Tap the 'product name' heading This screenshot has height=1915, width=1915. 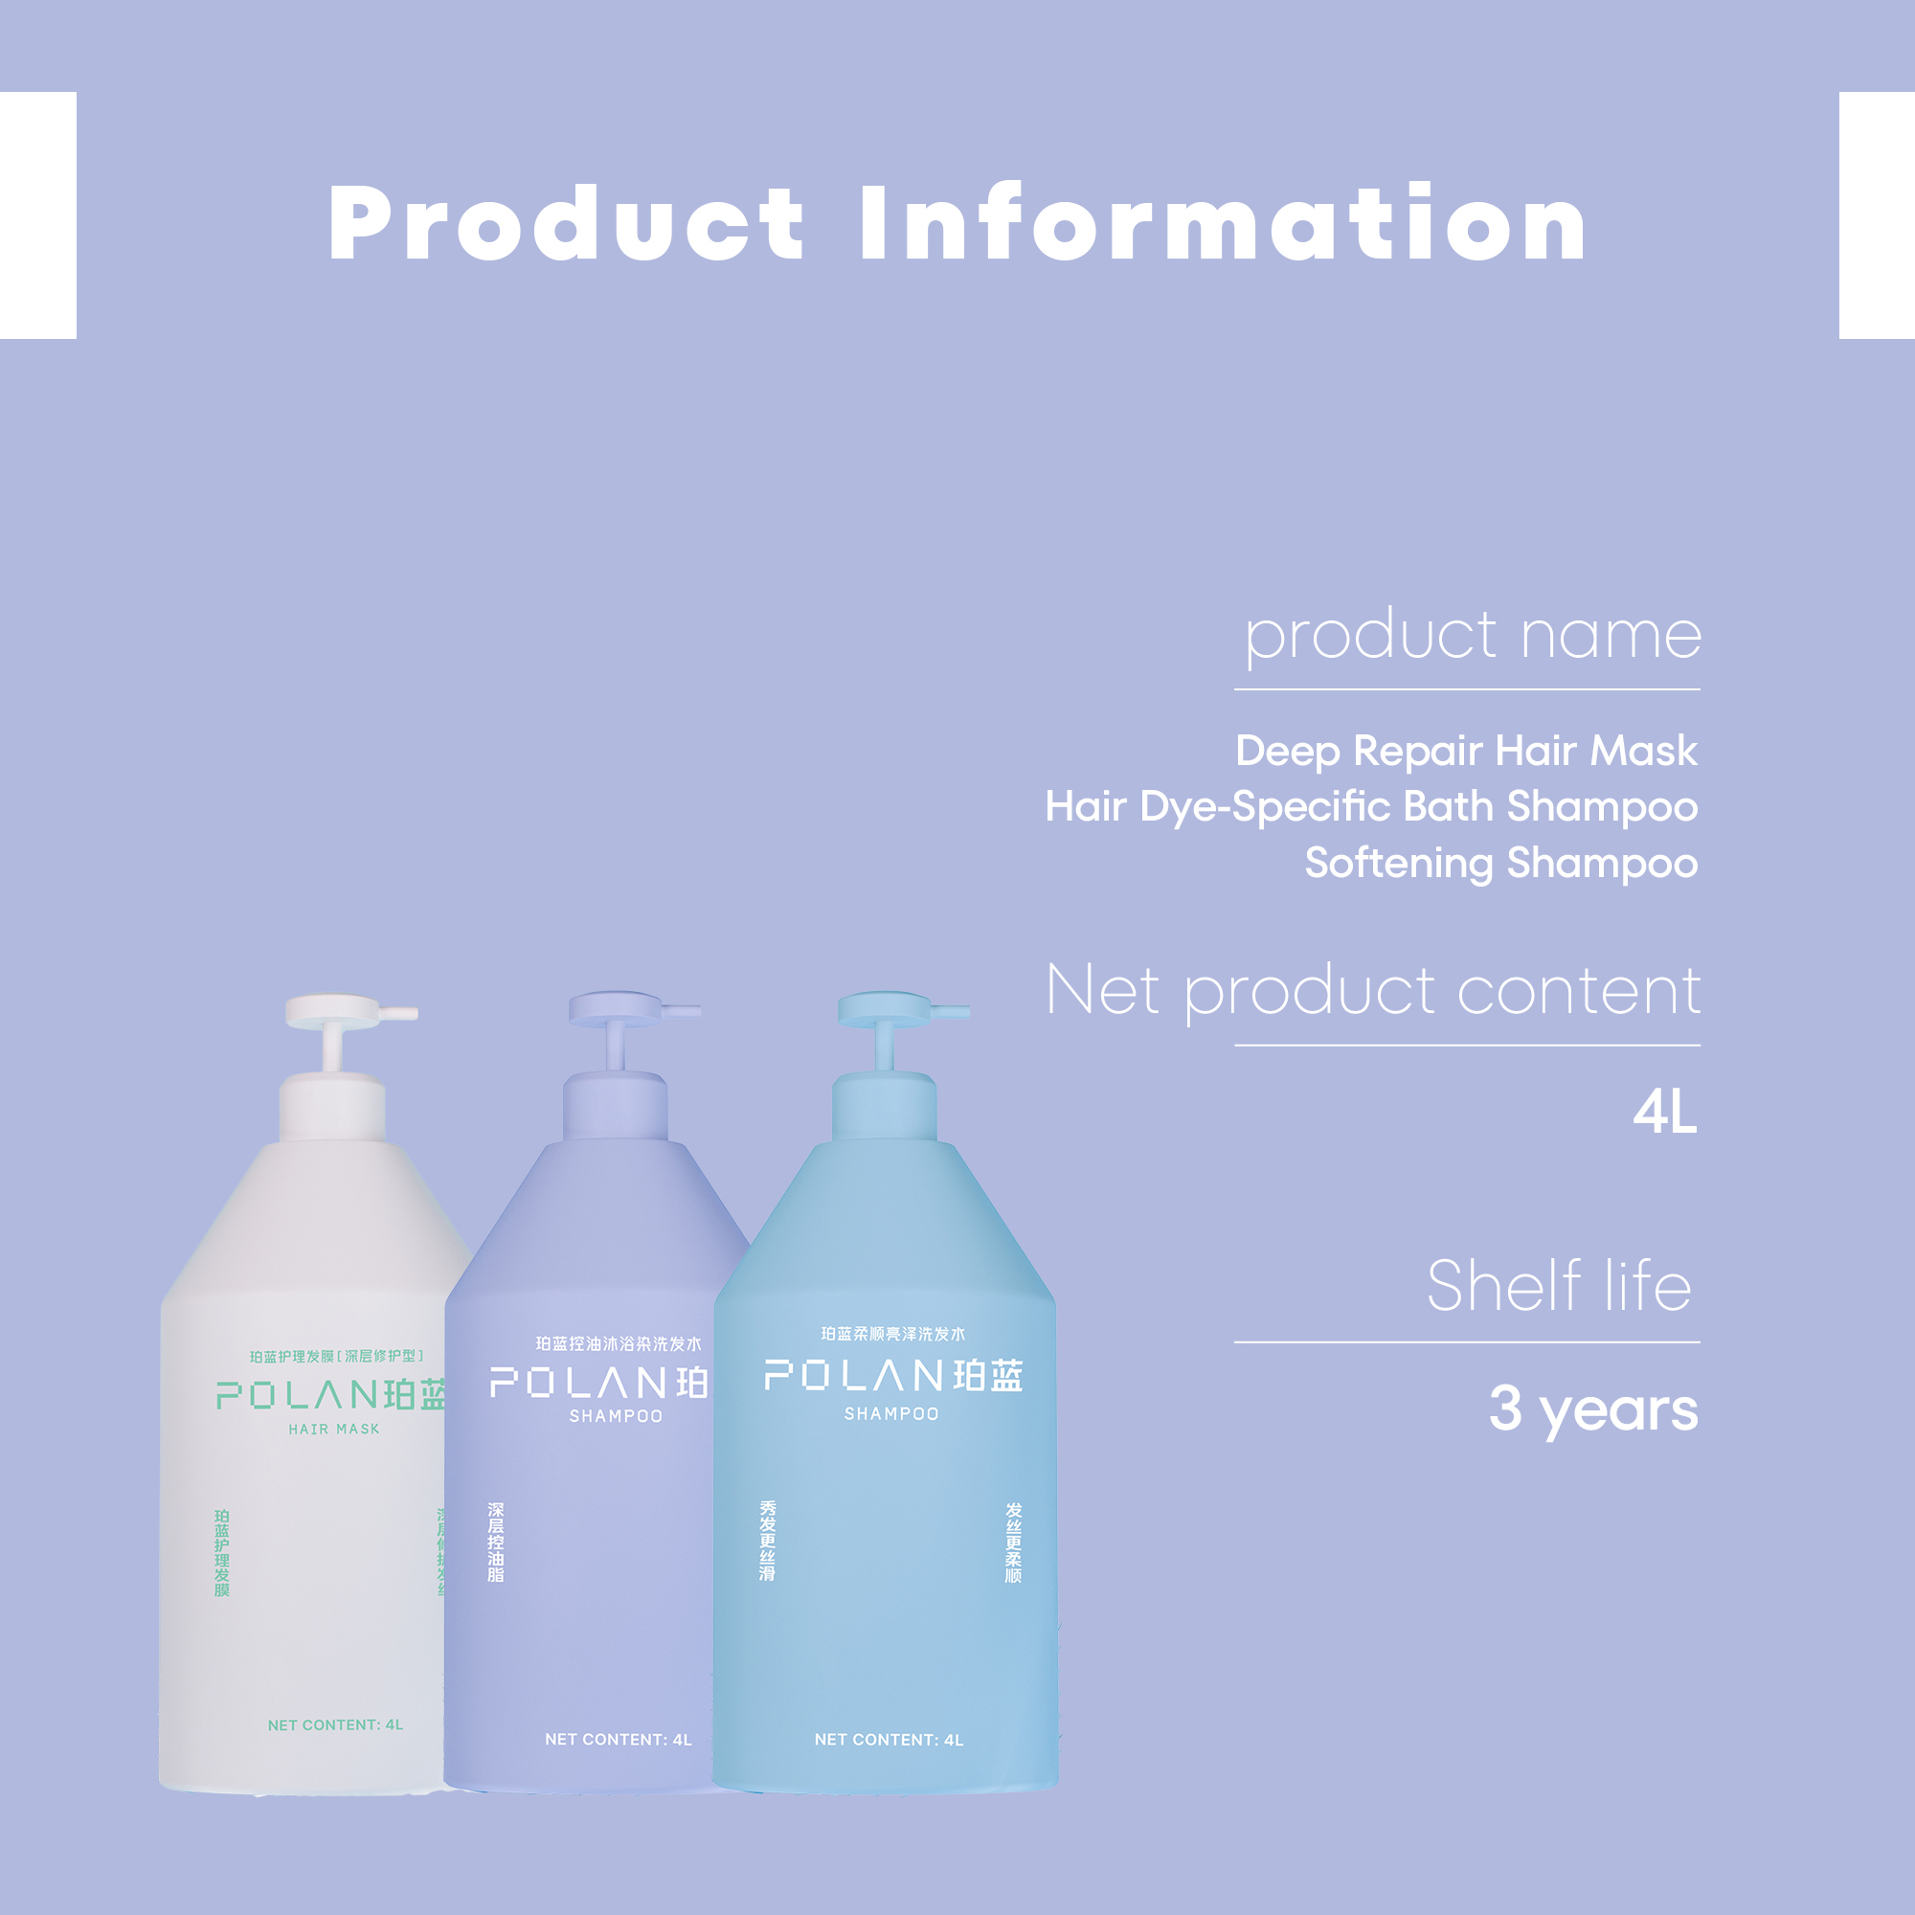coord(1473,635)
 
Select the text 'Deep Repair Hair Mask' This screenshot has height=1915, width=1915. coord(1466,751)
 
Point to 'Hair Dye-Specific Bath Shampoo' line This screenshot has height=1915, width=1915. coord(1371,807)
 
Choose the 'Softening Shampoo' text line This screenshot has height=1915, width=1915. coord(1500,863)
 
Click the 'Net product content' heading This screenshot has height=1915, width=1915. coord(1374,990)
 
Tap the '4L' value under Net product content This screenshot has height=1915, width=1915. coord(1665,1112)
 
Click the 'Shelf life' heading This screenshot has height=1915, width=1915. coord(1558,1286)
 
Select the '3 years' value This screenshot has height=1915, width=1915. coord(1593,1408)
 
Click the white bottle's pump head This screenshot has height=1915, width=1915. coord(337,1012)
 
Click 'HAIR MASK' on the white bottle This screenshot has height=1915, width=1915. coord(334,1430)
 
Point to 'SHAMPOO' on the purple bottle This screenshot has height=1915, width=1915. coord(616,1416)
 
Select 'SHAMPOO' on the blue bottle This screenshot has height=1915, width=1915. coord(891,1414)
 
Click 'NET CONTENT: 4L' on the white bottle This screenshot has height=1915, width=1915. coord(335,1725)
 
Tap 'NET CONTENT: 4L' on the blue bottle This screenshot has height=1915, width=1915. coord(890,1741)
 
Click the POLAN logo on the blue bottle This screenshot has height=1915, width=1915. coord(893,1376)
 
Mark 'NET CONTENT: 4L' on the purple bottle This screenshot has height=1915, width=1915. coord(619,1741)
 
